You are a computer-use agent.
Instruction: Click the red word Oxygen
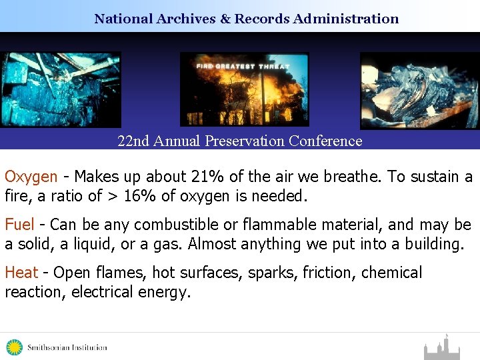coord(31,177)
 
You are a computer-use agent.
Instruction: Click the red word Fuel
coord(20,225)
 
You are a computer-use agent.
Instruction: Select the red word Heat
coord(21,273)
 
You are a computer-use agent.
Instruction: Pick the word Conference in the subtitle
coord(329,141)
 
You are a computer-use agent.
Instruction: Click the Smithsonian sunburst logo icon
coord(14,347)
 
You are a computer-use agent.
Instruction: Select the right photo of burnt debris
coord(419,91)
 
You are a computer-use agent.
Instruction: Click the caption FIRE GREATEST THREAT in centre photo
coord(243,66)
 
